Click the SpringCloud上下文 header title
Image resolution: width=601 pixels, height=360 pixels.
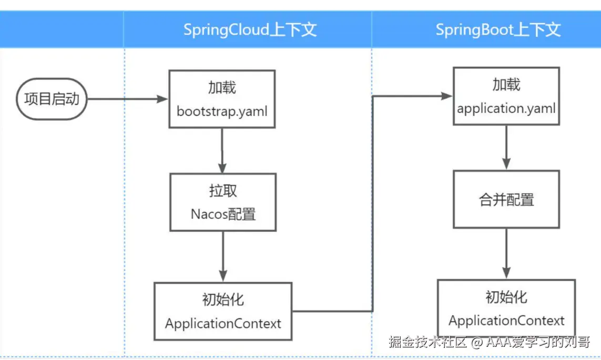coord(250,29)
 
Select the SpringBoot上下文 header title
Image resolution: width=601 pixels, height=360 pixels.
coord(498,29)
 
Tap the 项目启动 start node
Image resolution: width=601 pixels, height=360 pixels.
coord(52,99)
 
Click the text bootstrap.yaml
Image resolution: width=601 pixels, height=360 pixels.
coord(222,111)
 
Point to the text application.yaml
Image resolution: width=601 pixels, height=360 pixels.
coord(506,108)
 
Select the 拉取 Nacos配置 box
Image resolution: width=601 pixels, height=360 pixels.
coord(223,202)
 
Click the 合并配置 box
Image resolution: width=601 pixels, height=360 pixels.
coord(506,200)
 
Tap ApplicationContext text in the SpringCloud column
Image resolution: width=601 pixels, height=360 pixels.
coord(223,324)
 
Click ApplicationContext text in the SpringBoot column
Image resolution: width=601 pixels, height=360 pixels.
coord(506,321)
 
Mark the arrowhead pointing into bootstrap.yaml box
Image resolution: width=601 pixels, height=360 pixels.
coord(162,99)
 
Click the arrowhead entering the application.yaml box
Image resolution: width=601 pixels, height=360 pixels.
coord(447,96)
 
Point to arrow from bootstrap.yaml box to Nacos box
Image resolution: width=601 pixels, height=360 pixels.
coord(222,150)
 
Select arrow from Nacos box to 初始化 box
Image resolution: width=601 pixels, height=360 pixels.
coord(223,256)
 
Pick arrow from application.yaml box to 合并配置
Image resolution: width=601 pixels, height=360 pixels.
coord(506,148)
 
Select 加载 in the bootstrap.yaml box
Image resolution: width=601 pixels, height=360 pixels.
coord(222,88)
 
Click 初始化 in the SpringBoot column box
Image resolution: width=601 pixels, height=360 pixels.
coord(506,297)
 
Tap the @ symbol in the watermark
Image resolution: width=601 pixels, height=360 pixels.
coord(477,342)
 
